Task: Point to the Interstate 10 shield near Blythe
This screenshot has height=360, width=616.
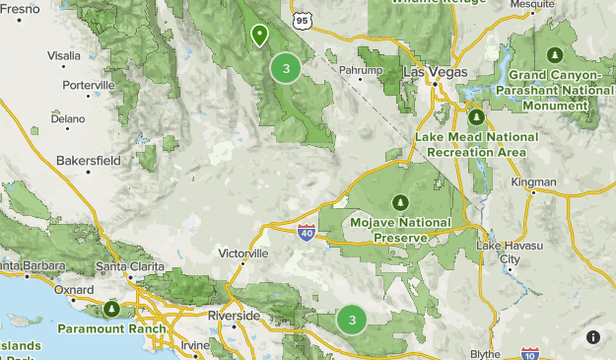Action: pyautogui.click(x=529, y=353)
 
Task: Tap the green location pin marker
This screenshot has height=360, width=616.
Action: pyautogui.click(x=259, y=36)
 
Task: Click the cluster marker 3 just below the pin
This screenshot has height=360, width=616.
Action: pyautogui.click(x=286, y=68)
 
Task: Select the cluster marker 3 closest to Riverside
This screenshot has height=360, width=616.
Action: pyautogui.click(x=352, y=320)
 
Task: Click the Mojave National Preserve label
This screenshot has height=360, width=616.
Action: pyautogui.click(x=400, y=230)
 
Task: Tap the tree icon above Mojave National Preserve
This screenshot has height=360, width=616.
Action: pyautogui.click(x=400, y=202)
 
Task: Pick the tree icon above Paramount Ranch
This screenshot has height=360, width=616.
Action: pyautogui.click(x=112, y=309)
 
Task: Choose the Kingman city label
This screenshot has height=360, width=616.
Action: pyautogui.click(x=533, y=182)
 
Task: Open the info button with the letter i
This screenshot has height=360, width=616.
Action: pyautogui.click(x=593, y=337)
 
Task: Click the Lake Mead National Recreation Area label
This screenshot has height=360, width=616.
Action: pyautogui.click(x=477, y=143)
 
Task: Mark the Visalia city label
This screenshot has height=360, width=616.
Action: pyautogui.click(x=64, y=55)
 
